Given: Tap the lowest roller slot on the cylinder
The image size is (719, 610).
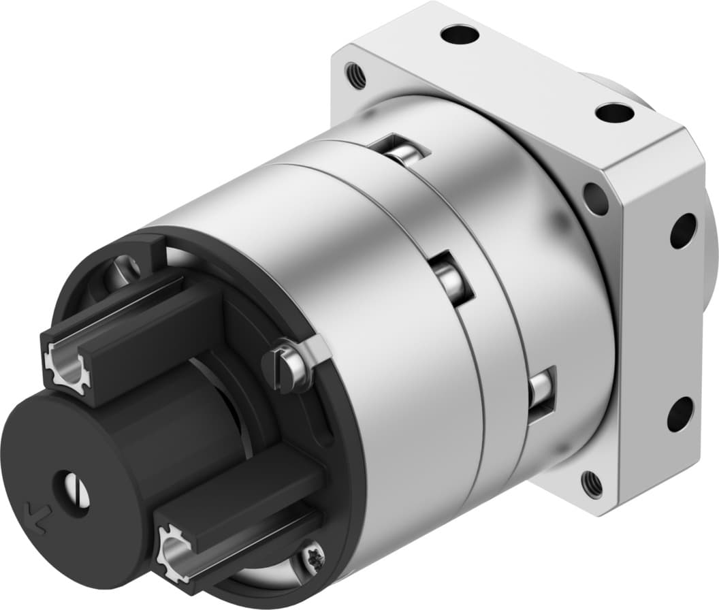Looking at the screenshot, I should pos(541,393).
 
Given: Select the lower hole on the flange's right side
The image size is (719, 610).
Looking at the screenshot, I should pos(680,413).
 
